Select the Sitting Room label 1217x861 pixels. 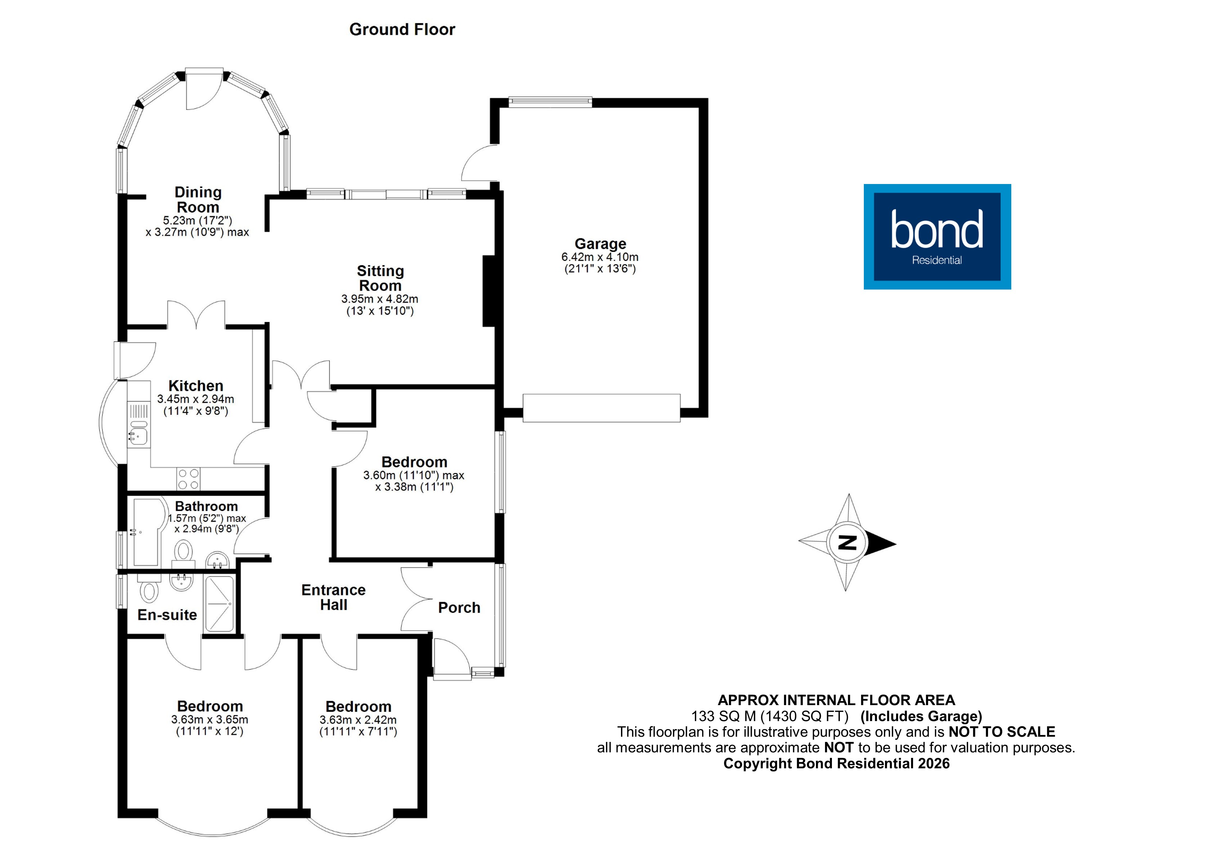coord(380,278)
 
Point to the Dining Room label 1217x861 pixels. coord(198,200)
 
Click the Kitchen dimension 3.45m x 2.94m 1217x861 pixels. coord(196,399)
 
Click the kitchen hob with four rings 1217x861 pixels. coord(189,479)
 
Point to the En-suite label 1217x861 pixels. coord(167,615)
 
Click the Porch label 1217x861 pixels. coord(459,608)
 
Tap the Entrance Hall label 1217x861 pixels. coord(333,597)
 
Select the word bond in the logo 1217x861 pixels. coord(937,230)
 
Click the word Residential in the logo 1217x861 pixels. coord(937,260)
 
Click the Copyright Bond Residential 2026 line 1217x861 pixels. coord(836,763)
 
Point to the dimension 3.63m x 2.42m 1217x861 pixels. coord(358,720)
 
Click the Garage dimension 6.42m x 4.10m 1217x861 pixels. coord(600,257)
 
